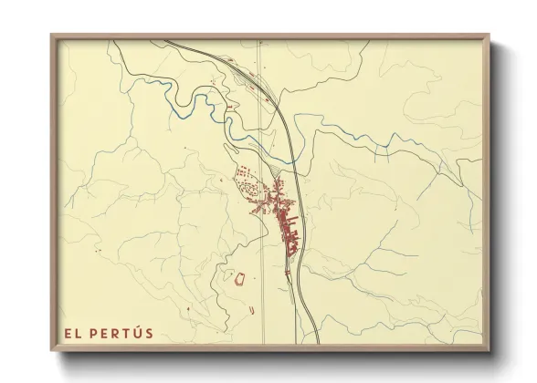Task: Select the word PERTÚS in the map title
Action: tap(122, 333)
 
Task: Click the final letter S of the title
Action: tap(148, 333)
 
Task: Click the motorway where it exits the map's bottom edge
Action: tap(318, 344)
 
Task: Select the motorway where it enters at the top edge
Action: tap(166, 40)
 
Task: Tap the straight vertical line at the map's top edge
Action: tap(258, 41)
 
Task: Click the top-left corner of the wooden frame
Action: tap(51, 36)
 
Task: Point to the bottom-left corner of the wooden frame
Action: tap(51, 351)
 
